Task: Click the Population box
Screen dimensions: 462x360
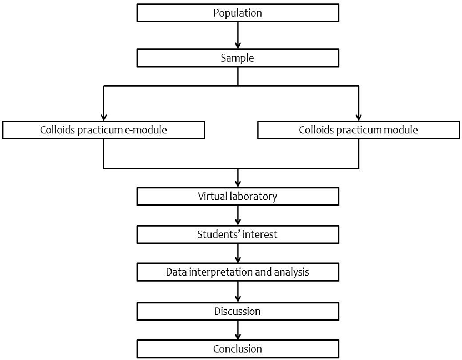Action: click(x=238, y=13)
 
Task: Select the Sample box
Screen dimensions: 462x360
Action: click(x=238, y=58)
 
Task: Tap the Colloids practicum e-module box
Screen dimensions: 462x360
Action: click(x=104, y=130)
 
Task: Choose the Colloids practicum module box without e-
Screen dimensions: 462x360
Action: click(x=359, y=130)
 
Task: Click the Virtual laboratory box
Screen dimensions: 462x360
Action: click(x=238, y=196)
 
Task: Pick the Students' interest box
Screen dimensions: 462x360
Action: click(x=238, y=234)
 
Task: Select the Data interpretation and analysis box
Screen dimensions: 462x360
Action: click(x=238, y=272)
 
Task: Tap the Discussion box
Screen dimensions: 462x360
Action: click(x=238, y=311)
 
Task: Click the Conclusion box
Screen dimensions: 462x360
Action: click(x=238, y=349)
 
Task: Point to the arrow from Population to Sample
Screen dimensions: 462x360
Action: click(x=238, y=35)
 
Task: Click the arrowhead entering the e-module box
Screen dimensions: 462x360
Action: click(x=104, y=117)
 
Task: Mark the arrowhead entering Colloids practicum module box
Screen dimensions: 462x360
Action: click(x=359, y=117)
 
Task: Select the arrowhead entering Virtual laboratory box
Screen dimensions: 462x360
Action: click(x=238, y=184)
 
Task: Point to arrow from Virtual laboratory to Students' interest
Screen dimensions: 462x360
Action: click(x=238, y=215)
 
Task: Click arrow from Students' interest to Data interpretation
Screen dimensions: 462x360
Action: click(x=238, y=253)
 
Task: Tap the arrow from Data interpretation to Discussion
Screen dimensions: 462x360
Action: click(x=238, y=292)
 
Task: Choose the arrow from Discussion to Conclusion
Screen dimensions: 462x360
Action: click(x=238, y=330)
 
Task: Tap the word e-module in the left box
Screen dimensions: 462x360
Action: click(x=146, y=130)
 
